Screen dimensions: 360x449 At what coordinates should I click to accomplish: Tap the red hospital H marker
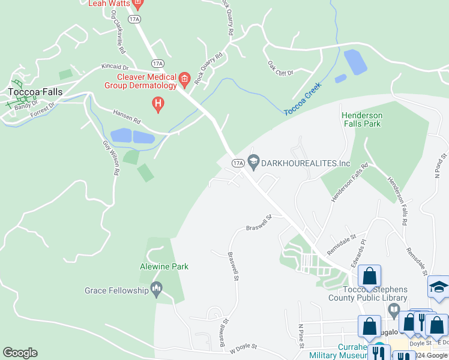158,104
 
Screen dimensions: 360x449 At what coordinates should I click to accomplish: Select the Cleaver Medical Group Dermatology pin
184,78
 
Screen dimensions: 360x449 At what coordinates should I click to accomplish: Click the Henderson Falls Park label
361,119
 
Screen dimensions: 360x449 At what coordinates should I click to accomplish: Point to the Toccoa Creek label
303,99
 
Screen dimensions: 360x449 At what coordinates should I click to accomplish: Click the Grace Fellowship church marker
157,290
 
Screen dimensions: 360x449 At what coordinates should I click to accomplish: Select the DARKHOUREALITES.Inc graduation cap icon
253,160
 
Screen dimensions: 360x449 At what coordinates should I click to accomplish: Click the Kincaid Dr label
115,67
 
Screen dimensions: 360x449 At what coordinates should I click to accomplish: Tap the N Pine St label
301,336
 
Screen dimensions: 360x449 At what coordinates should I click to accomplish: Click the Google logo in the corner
20,353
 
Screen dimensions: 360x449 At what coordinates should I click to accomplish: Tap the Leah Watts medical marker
137,4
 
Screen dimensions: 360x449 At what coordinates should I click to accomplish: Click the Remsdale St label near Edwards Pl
342,241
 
